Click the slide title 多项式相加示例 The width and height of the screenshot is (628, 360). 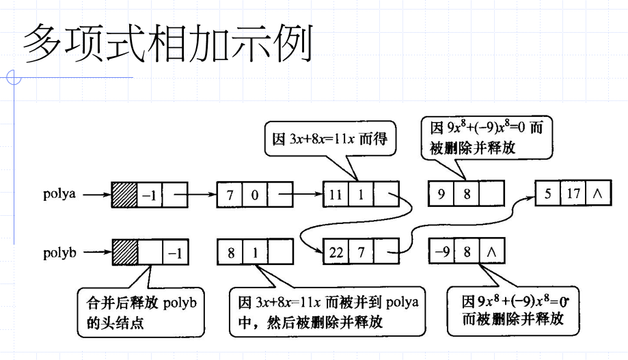(x=168, y=43)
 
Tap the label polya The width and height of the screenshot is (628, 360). (x=59, y=194)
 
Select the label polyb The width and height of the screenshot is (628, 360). (x=59, y=253)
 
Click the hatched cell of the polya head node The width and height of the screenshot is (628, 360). (x=124, y=195)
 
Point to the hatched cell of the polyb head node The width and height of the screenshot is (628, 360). (x=125, y=252)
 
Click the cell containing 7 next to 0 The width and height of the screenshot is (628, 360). (x=230, y=195)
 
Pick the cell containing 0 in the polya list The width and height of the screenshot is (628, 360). (x=255, y=195)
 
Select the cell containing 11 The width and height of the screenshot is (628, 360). (x=336, y=194)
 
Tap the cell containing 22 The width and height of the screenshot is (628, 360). (x=336, y=251)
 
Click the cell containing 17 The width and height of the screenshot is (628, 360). (x=573, y=193)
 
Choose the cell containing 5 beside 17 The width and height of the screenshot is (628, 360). (x=548, y=193)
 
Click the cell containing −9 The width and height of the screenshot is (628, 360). (x=441, y=251)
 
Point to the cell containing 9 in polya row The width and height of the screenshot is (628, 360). (x=441, y=193)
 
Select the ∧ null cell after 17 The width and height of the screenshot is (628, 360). (x=599, y=193)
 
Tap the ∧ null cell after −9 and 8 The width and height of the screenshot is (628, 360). (x=492, y=251)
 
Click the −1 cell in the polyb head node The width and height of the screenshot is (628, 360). (x=176, y=252)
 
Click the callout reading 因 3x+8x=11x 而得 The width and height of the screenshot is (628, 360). (x=330, y=139)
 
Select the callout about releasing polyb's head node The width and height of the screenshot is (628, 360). (x=141, y=312)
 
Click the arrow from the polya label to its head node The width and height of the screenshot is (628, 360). (x=97, y=195)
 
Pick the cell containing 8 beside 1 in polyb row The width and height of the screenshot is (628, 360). (x=230, y=252)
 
